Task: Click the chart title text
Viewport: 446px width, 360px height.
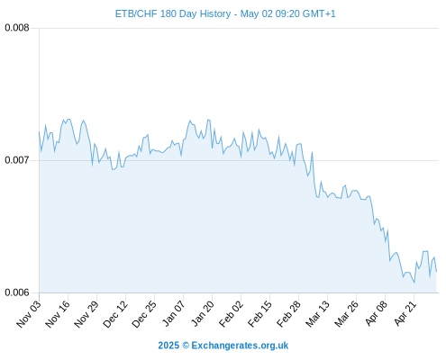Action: [x=225, y=13]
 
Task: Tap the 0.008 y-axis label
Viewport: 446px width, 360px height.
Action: [x=17, y=28]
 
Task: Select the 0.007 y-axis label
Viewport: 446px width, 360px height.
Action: [x=17, y=160]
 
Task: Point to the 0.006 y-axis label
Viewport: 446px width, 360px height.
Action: [x=17, y=292]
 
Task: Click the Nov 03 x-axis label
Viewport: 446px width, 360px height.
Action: [x=29, y=313]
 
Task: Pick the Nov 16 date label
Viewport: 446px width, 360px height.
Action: [x=58, y=313]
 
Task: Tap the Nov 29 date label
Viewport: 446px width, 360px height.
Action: [x=86, y=313]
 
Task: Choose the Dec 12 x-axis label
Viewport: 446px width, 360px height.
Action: [x=115, y=313]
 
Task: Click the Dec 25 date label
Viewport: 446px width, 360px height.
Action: [x=144, y=313]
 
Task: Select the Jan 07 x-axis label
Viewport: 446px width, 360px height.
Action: [x=173, y=313]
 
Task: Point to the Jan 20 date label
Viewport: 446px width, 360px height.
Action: [x=203, y=313]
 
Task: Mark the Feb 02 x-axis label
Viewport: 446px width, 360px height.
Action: [x=231, y=313]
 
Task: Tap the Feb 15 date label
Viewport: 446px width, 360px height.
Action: [x=259, y=313]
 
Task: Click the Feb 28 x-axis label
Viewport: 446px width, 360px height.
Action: [x=288, y=313]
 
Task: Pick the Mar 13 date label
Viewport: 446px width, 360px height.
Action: [x=317, y=313]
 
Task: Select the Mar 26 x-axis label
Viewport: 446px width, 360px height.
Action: [x=346, y=313]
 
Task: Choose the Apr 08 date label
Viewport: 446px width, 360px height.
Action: [x=376, y=313]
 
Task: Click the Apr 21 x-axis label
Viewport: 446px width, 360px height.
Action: [x=405, y=313]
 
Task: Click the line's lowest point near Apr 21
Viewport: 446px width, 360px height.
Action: [x=414, y=283]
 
